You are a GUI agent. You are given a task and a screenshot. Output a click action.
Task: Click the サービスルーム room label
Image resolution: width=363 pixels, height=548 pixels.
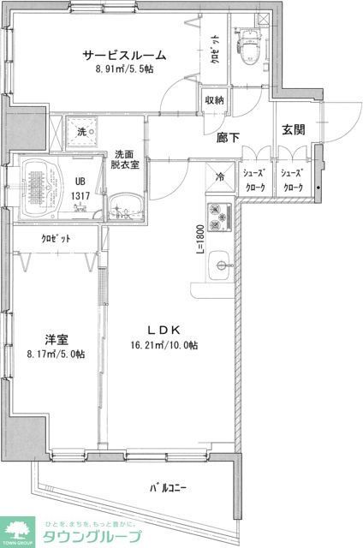click(124, 56)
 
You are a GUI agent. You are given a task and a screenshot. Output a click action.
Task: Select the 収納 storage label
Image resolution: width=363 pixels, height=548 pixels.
click(214, 100)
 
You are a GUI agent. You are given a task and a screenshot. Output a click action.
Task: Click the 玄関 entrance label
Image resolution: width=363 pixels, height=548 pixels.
click(294, 130)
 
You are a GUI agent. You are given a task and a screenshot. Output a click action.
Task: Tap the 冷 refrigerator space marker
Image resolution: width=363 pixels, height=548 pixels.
click(220, 178)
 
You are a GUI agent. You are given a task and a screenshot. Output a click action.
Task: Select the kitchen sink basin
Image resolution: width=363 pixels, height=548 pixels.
click(220, 265)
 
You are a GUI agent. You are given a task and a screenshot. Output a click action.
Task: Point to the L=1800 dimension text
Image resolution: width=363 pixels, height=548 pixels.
click(199, 239)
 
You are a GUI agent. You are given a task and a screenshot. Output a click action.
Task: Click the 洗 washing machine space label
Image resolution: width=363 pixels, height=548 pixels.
click(81, 132)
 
